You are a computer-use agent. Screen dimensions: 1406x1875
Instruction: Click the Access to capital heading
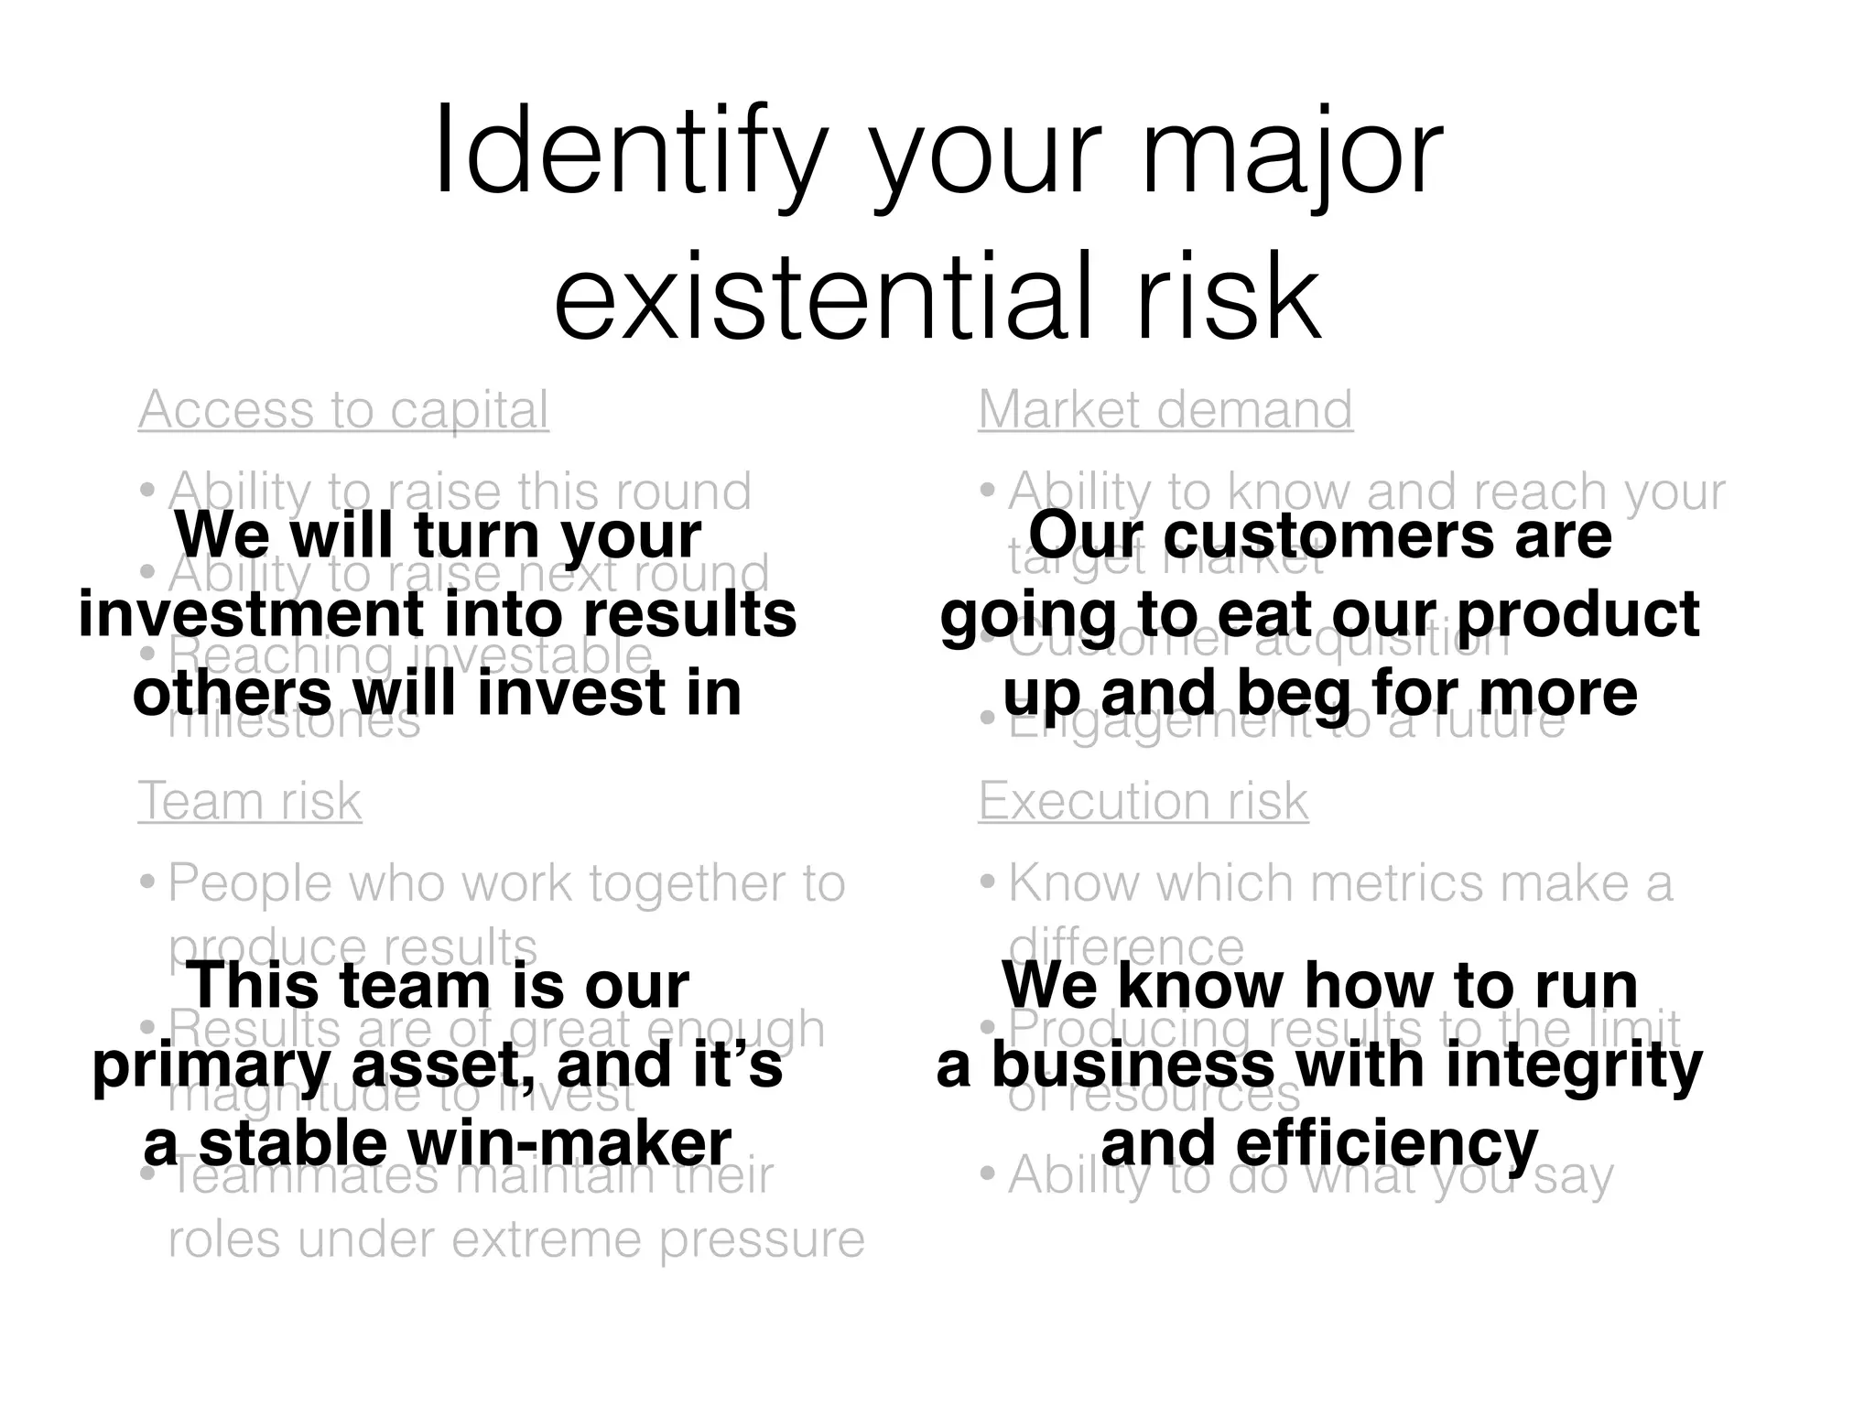(343, 409)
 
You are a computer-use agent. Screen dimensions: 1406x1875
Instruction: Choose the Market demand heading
(1165, 409)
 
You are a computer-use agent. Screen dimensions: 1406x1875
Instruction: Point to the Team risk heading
(250, 801)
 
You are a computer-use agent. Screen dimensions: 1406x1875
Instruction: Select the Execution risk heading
(1143, 801)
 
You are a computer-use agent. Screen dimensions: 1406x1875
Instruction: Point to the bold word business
(1133, 1065)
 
